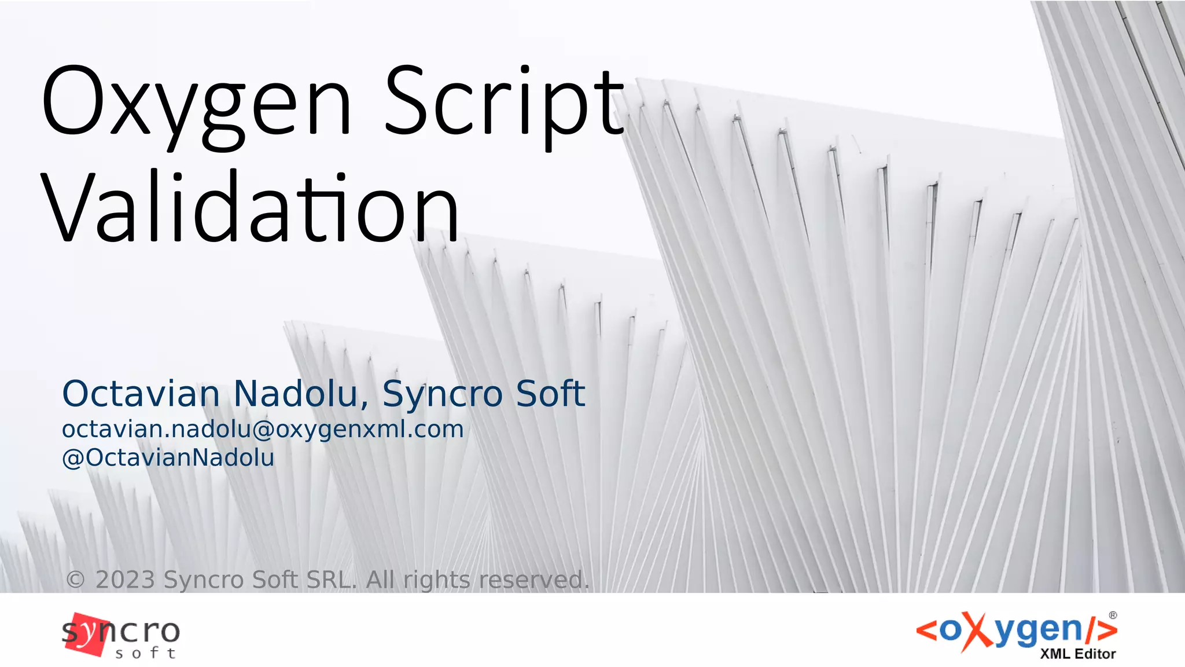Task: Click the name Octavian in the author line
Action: pyautogui.click(x=141, y=394)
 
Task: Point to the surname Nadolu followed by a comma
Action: pyautogui.click(x=301, y=394)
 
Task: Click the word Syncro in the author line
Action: pyautogui.click(x=443, y=394)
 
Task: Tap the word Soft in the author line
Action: pyautogui.click(x=550, y=394)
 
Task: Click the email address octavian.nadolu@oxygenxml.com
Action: pyautogui.click(x=263, y=430)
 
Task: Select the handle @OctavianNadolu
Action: pyautogui.click(x=168, y=457)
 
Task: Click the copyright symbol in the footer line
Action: pyautogui.click(x=75, y=580)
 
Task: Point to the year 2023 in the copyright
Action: pyautogui.click(x=125, y=580)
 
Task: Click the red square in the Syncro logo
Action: pyautogui.click(x=87, y=635)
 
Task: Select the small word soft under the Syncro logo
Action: pyautogui.click(x=145, y=654)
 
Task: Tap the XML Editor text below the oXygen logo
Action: pyautogui.click(x=1077, y=654)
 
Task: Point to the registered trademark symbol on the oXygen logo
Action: pyautogui.click(x=1113, y=615)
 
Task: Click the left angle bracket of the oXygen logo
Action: pyautogui.click(x=926, y=631)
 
